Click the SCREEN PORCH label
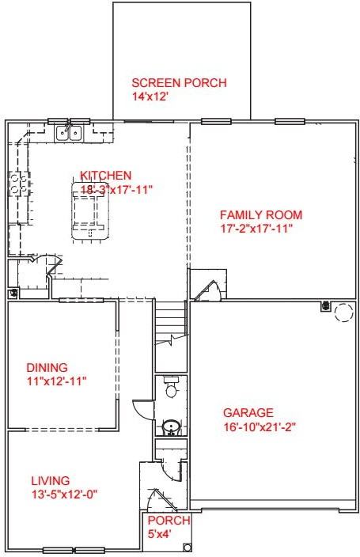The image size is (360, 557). (x=179, y=83)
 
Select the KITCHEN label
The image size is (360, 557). (x=105, y=176)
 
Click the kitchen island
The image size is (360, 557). (x=89, y=211)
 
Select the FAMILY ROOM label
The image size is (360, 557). (x=260, y=215)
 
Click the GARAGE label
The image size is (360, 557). (x=248, y=413)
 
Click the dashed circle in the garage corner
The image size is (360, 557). (x=343, y=313)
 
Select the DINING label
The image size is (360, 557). (x=47, y=368)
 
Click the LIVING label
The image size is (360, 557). (x=51, y=480)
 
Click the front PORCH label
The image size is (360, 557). (x=169, y=521)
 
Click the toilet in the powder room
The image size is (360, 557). (x=171, y=388)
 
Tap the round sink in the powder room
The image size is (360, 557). (x=169, y=427)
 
